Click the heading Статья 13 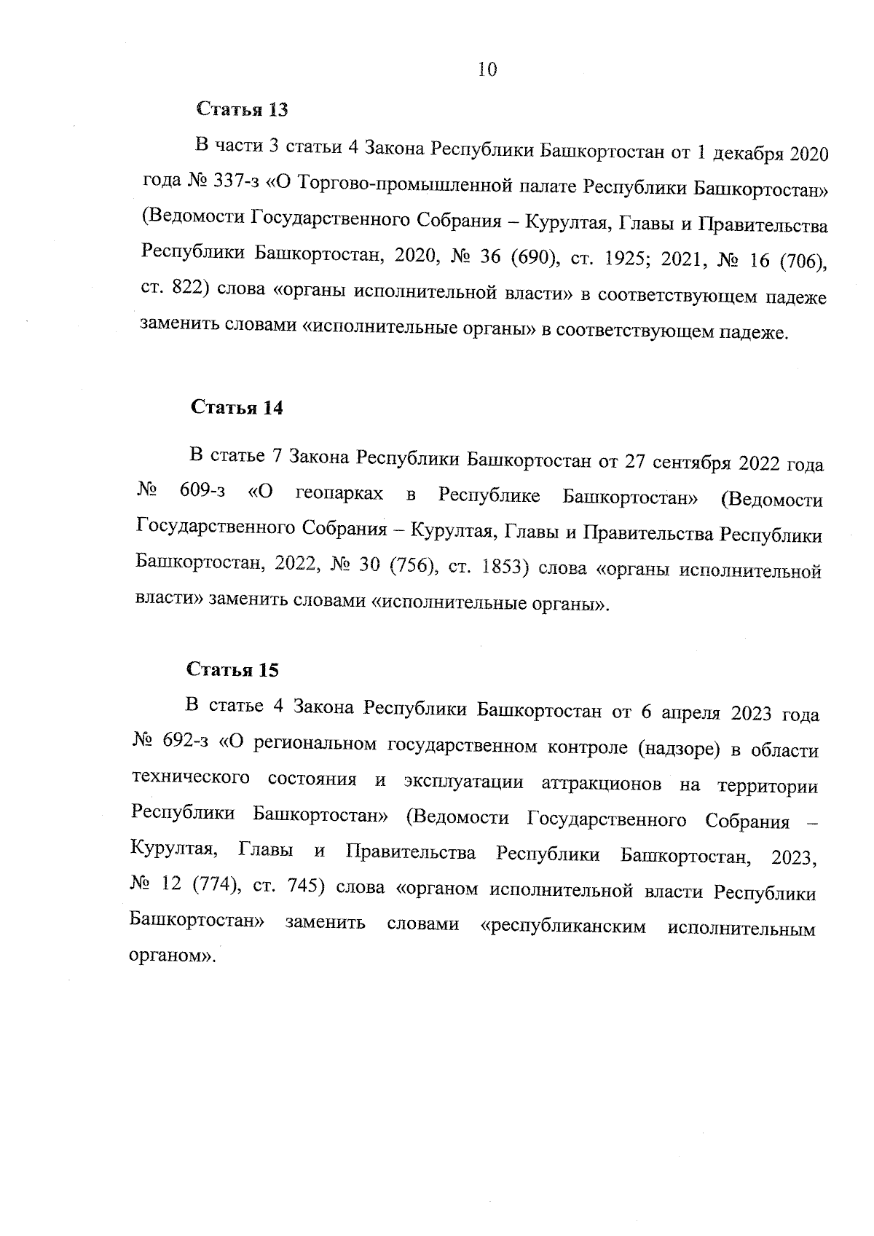pyautogui.click(x=243, y=110)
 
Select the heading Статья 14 pyautogui.click(x=237, y=407)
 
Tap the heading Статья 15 pyautogui.click(x=233, y=670)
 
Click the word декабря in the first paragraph pyautogui.click(x=747, y=155)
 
